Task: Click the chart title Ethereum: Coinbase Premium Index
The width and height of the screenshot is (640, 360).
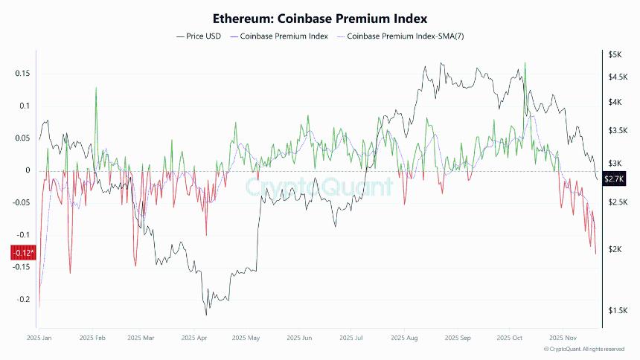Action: coord(320,18)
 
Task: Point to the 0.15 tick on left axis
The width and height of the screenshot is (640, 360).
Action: coord(22,73)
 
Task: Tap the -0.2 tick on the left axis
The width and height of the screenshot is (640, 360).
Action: coord(22,299)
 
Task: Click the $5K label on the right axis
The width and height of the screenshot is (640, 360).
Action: coord(615,55)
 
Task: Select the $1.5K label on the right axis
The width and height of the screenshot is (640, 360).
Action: coord(615,310)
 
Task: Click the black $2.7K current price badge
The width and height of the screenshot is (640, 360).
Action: coord(615,179)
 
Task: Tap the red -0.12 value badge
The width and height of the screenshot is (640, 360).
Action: coord(22,253)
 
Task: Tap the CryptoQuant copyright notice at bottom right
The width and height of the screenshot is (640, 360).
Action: coord(584,349)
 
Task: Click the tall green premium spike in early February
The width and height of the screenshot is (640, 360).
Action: coord(95,89)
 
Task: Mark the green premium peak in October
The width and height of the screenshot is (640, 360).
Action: coord(525,64)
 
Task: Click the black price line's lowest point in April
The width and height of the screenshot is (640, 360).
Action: coord(205,315)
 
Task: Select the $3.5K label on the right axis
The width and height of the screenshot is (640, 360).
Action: coord(615,130)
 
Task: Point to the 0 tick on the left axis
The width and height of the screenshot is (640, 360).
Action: coord(27,170)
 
